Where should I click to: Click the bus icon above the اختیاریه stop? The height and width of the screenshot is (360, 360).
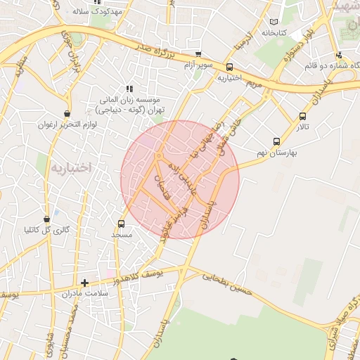point(229,67)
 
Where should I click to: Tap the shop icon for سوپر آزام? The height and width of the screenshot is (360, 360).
point(198,54)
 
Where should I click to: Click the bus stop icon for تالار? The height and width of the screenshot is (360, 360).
point(302,117)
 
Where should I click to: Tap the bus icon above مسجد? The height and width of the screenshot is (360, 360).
point(122,224)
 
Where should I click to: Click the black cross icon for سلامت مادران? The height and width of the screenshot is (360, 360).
point(84,283)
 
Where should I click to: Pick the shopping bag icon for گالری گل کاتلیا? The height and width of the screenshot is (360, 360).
point(47,219)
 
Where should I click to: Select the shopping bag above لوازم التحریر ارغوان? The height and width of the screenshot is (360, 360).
point(67,113)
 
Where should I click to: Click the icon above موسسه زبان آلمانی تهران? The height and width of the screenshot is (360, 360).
point(129,89)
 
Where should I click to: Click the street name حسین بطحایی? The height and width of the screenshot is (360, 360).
point(226,281)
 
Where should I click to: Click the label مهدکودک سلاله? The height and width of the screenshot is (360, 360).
point(98,12)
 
